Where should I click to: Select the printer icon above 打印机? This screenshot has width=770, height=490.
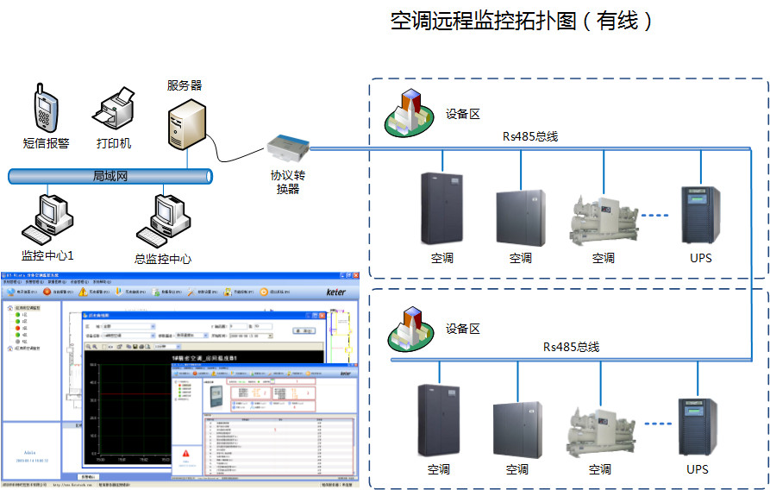coord(114,108)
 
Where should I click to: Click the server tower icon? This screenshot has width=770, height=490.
coord(187,124)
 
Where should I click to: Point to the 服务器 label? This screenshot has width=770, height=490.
coord(185,85)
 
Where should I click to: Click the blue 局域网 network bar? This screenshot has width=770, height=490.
coord(110,176)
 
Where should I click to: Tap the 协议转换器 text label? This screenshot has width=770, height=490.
coord(288,182)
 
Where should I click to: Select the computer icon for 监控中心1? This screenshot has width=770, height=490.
coord(44,220)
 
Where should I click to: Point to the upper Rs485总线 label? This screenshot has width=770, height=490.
coord(531,136)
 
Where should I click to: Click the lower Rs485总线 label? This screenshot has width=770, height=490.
coord(570,347)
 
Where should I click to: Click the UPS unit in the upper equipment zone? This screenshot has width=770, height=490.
coord(701,215)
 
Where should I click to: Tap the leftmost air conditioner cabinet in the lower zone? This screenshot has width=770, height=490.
coord(438,420)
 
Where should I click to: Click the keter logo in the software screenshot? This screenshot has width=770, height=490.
coord(335,292)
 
